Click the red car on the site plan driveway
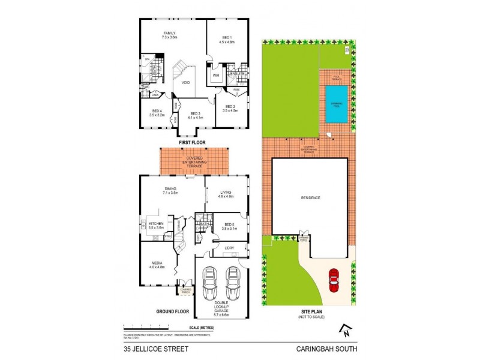(334, 280)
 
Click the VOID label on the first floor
(186, 83)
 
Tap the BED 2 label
(230, 110)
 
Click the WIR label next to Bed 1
(216, 76)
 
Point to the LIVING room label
(226, 193)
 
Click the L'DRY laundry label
(229, 248)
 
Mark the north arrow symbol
(344, 330)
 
